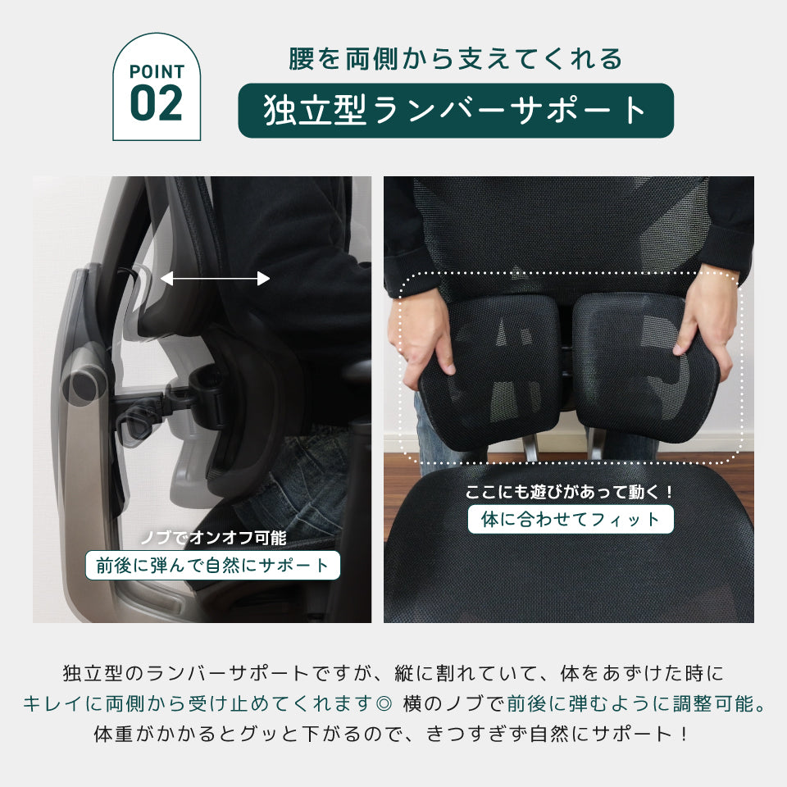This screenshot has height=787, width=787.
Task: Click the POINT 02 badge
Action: (x=156, y=87)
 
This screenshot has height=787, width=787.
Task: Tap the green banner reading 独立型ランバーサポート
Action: (x=455, y=111)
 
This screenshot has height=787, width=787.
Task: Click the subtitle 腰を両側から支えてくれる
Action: (x=455, y=59)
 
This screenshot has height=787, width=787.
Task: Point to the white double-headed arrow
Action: (x=215, y=279)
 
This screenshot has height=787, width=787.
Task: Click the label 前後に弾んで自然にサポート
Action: (x=212, y=565)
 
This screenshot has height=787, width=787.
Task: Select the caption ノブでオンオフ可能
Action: (x=212, y=539)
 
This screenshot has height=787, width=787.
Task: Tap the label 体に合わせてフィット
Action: (x=570, y=519)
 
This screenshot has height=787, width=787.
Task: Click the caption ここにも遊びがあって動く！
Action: (x=570, y=493)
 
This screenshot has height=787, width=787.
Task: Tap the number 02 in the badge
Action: (x=156, y=102)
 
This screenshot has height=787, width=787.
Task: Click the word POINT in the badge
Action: (x=156, y=71)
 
